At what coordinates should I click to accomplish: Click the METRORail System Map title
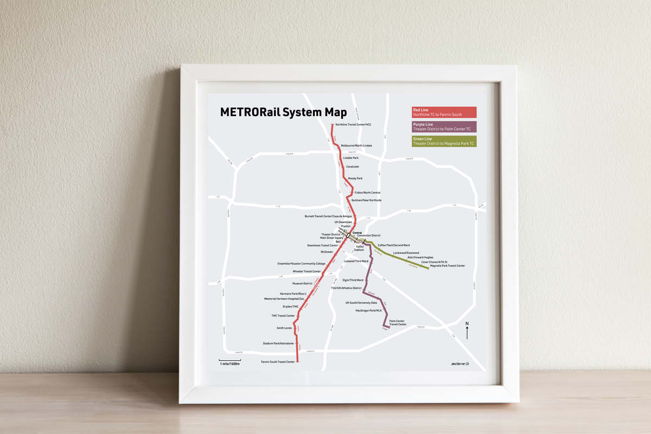pyautogui.click(x=283, y=112)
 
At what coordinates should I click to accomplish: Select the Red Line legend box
pyautogui.click(x=444, y=112)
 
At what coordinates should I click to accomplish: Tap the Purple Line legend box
pyautogui.click(x=444, y=127)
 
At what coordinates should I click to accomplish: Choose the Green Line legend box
pyautogui.click(x=444, y=141)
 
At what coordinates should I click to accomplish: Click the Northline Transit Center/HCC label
pyautogui.click(x=353, y=125)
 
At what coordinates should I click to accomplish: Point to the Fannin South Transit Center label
pyautogui.click(x=278, y=362)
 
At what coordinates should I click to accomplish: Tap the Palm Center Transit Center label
pyautogui.click(x=398, y=323)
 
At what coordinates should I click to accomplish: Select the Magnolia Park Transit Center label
pyautogui.click(x=447, y=266)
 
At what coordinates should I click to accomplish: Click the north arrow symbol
pyautogui.click(x=467, y=330)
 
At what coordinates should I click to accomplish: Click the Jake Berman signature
pyautogui.click(x=462, y=363)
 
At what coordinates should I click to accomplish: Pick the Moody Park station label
pyautogui.click(x=355, y=178)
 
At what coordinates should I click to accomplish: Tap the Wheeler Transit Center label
pyautogui.click(x=307, y=271)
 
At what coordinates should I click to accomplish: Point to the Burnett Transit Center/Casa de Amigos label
pyautogui.click(x=328, y=216)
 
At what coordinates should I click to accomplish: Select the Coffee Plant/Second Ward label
pyautogui.click(x=394, y=245)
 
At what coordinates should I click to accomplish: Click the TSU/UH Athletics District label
pyautogui.click(x=346, y=288)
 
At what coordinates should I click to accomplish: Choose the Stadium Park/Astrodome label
pyautogui.click(x=278, y=343)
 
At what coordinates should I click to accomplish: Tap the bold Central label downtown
pyautogui.click(x=357, y=232)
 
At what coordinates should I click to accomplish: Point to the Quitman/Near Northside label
pyautogui.click(x=366, y=200)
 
